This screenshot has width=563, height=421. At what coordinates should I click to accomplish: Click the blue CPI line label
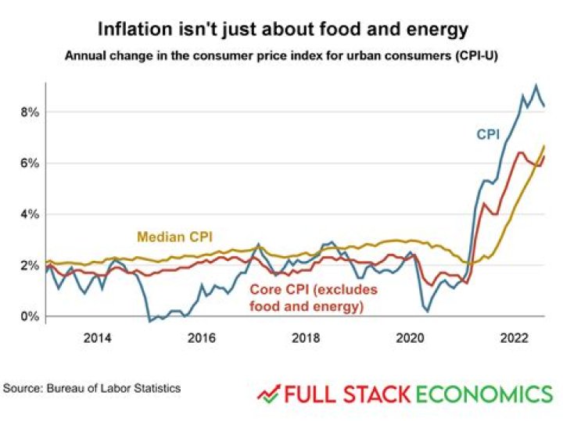[489, 134]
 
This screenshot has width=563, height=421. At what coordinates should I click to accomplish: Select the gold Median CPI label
[175, 236]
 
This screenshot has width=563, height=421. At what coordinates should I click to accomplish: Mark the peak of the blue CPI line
[536, 86]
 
